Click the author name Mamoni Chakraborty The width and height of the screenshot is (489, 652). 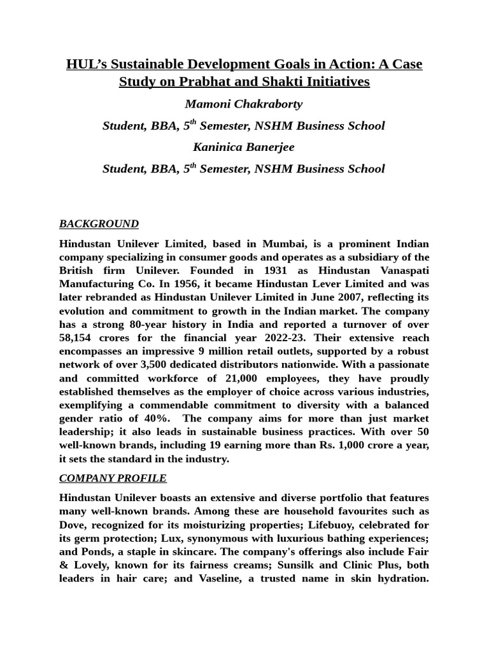tap(244, 104)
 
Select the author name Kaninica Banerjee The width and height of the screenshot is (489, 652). tap(244, 147)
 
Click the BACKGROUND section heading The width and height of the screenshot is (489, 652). tap(99, 223)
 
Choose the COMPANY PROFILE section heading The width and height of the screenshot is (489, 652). tap(113, 478)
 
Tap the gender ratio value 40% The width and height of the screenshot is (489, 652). tap(155, 418)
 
